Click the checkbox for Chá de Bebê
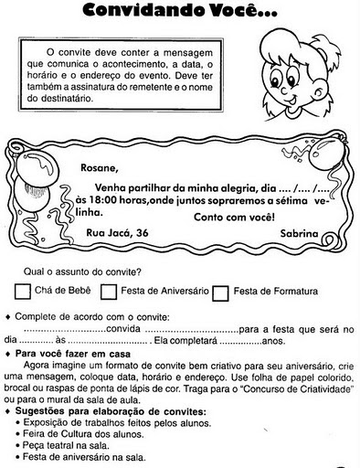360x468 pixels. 24,292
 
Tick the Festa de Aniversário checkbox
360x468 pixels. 109,292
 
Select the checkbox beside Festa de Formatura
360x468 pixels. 220,292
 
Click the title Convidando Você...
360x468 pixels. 181,11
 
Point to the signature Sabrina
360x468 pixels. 304,233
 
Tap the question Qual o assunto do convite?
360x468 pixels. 82,271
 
